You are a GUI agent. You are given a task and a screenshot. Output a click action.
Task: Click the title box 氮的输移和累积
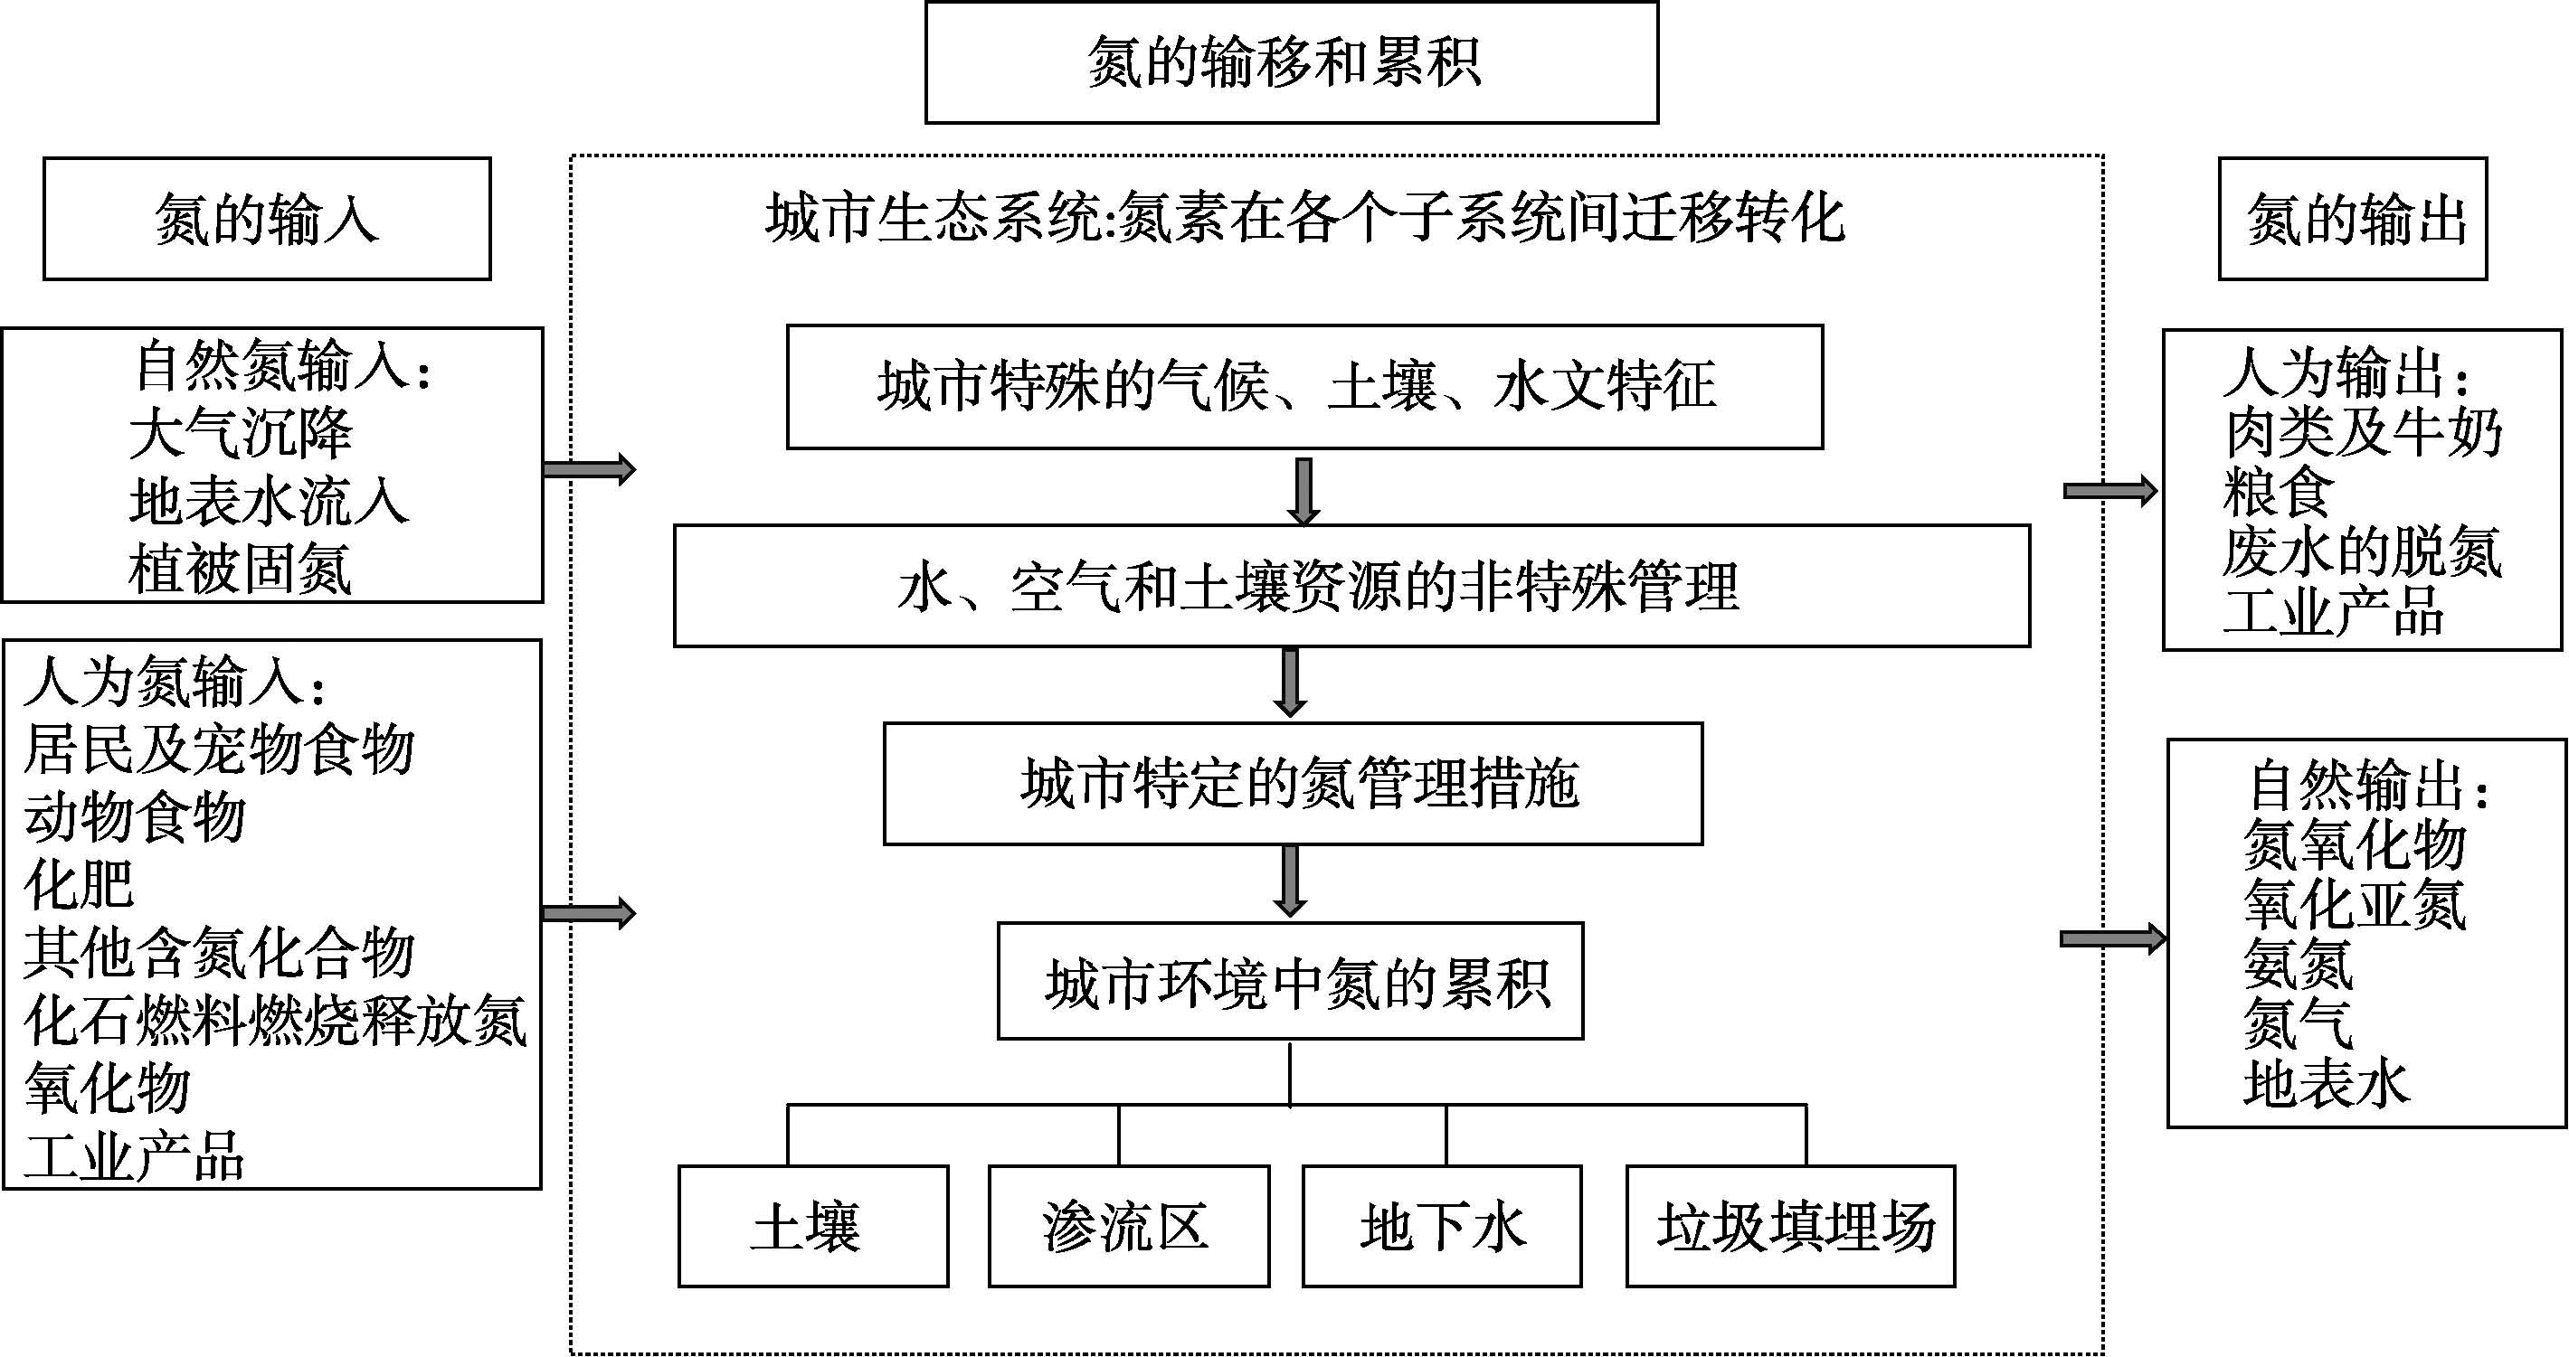[x=1291, y=61]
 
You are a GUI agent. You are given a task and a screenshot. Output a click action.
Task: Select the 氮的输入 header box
[x=266, y=219]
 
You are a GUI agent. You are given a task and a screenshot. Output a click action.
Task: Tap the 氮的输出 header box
[x=2352, y=219]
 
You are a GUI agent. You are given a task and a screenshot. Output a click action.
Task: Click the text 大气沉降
[x=242, y=434]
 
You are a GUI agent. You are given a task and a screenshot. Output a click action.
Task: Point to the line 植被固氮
[x=241, y=570]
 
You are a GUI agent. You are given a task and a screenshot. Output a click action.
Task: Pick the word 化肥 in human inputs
[x=79, y=883]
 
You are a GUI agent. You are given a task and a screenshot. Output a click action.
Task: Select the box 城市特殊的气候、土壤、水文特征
[x=1303, y=387]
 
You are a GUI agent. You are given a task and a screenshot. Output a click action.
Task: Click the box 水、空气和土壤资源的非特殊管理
[x=1351, y=586]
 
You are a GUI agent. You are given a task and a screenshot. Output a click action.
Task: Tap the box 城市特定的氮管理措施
[x=1292, y=784]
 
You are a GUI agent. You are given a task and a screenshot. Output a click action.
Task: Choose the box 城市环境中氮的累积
[x=1290, y=982]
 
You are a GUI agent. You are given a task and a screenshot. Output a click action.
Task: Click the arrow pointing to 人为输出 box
[x=2109, y=491]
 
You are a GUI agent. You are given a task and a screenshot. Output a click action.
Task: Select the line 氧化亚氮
[x=2354, y=904]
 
